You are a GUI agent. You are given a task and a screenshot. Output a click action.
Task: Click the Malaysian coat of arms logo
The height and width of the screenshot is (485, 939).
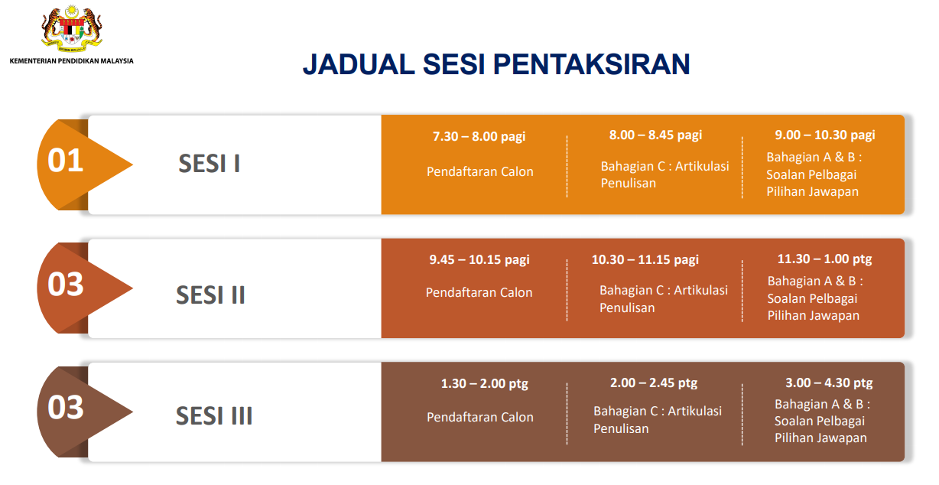coord(72,28)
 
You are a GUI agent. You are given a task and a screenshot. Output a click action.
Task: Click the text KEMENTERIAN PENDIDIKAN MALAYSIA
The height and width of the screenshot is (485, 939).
coord(72,61)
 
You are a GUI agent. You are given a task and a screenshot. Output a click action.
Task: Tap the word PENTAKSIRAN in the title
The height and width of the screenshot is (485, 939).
coord(592,64)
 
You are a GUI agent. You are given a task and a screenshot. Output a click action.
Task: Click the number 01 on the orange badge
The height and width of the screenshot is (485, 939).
coord(66,161)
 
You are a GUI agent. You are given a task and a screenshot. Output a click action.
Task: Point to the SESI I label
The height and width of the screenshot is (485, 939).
coord(210,164)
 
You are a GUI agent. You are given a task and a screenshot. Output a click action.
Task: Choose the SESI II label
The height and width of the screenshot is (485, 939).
coord(210,295)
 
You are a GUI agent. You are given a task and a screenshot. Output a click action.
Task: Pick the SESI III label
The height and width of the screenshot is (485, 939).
coord(214,416)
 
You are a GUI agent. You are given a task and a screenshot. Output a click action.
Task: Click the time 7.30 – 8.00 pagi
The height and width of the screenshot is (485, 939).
coord(479,136)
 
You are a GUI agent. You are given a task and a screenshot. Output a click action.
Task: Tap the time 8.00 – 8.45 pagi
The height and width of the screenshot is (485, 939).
coord(655,135)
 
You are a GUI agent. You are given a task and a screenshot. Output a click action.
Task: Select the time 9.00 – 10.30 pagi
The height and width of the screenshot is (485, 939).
coord(825,135)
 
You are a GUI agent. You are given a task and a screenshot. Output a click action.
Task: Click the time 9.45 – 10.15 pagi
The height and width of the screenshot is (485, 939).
coord(479,259)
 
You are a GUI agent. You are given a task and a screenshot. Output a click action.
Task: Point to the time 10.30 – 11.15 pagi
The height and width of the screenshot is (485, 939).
coord(645,259)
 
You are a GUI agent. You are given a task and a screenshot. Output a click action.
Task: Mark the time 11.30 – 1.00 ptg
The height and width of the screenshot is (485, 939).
coord(824,259)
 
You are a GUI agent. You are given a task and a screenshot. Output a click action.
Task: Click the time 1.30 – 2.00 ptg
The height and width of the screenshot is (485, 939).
coord(485,383)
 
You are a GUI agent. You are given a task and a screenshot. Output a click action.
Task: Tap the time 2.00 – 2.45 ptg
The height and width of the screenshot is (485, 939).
coord(654,382)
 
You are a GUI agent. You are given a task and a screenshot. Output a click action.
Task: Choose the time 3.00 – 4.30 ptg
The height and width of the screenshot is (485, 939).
coord(829,382)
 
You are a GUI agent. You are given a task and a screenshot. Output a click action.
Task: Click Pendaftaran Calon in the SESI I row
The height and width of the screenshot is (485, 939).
coord(480,171)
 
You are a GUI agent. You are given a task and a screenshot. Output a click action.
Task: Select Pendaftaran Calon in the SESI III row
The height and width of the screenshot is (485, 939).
coord(480,417)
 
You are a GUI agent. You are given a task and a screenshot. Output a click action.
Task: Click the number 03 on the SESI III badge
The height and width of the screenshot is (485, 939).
coord(66,408)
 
